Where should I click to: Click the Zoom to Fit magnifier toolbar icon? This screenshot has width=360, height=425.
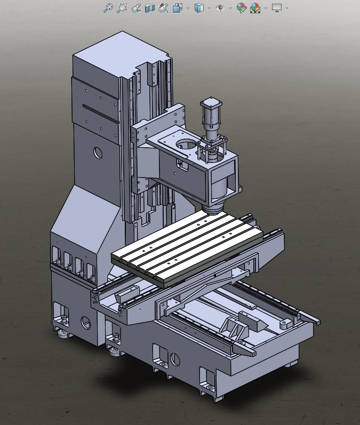pos(108,8)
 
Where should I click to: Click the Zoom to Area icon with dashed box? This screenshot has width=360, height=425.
pos(122,8)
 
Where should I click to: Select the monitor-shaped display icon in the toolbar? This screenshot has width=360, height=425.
pos(276,8)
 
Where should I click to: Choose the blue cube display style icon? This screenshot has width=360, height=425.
pos(199,8)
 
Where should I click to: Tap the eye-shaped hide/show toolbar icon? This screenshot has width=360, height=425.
pos(219,8)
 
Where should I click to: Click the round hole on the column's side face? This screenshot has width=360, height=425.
pos(98,152)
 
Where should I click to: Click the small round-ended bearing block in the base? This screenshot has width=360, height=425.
pos(286,323)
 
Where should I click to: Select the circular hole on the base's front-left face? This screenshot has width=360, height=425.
pos(85,322)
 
